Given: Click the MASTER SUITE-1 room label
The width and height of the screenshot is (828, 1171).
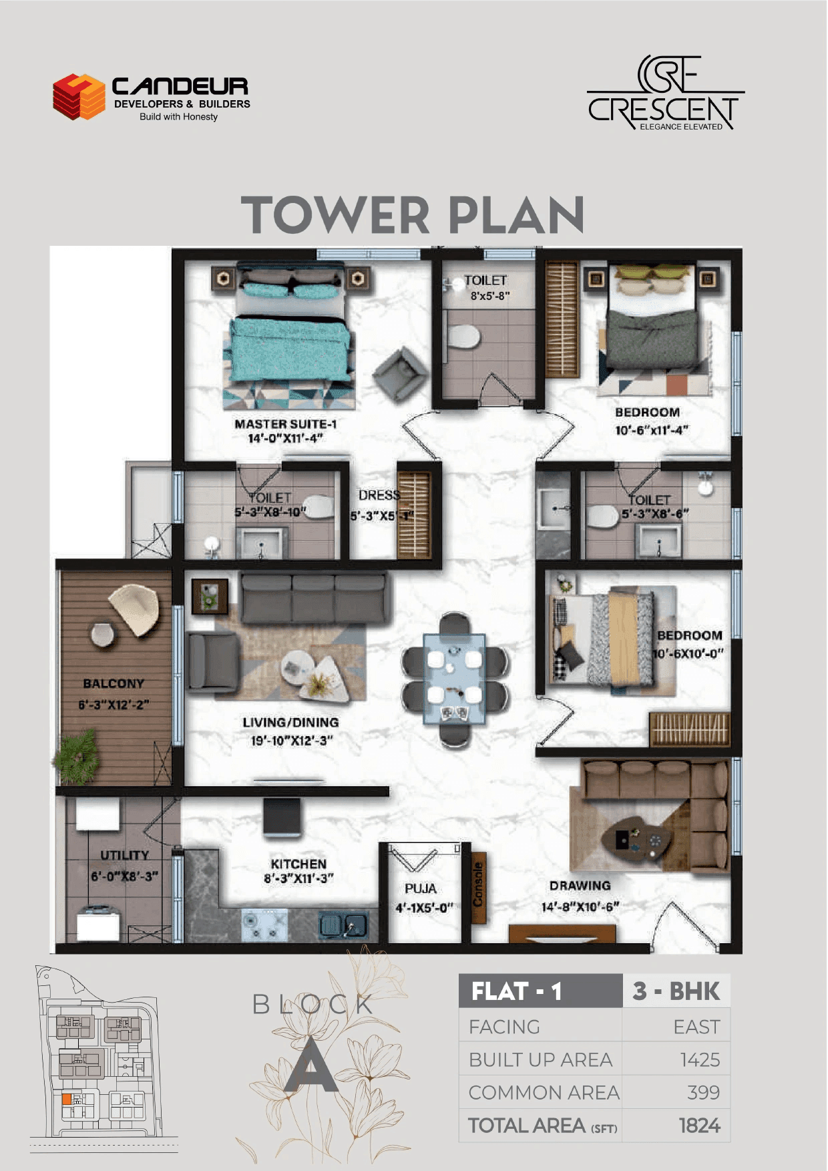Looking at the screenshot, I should pos(285,424).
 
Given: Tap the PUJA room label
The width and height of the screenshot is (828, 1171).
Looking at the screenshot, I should pos(420,889).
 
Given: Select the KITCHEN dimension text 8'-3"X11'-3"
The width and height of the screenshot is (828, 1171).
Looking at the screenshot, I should pos(298,878).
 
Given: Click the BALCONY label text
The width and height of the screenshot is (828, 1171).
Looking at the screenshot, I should pos(114,684).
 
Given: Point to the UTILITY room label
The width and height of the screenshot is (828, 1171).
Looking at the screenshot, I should pos(124,856).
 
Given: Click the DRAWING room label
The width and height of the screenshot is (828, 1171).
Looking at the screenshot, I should pos(580,886).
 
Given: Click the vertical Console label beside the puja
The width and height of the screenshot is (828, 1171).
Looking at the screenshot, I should pos(478,884).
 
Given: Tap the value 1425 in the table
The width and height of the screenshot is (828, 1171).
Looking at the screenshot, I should pos(699,1060).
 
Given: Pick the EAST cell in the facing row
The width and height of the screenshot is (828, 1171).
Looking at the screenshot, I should pos(696,1027).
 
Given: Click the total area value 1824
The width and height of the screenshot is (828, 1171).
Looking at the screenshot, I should pos(699,1126).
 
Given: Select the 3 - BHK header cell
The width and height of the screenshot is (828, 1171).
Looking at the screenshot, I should pos(676,991).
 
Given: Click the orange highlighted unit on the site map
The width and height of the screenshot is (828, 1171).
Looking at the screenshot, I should pos(66,1099).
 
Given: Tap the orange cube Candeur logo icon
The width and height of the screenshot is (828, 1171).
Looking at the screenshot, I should pos(79,97).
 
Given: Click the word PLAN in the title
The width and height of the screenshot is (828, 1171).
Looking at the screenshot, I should pos(515,215).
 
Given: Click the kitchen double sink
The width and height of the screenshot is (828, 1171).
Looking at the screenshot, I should pos(343,925).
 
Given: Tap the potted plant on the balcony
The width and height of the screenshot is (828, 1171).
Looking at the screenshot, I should pos(77,756).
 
